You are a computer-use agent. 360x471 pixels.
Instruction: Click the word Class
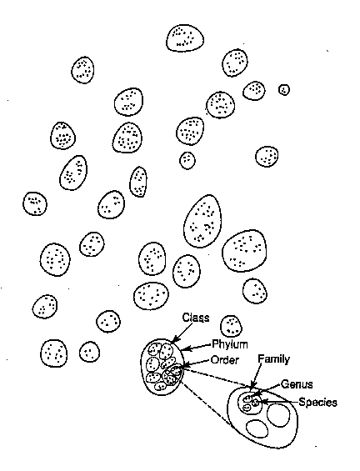coord(196,318)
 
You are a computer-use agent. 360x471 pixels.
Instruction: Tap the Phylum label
coord(230,344)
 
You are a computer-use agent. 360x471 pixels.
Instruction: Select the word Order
coord(225,360)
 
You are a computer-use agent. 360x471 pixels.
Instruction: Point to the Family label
coord(274,359)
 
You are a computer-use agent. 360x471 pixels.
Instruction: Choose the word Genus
coord(297,384)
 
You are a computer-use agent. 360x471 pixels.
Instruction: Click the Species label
coord(318,402)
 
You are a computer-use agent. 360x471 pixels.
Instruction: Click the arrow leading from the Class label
coord(182,333)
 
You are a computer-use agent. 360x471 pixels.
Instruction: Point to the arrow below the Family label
coord(255,377)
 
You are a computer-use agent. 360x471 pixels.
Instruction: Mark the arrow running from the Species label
coord(278,402)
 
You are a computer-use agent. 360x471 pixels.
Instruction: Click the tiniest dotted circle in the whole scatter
coord(284,89)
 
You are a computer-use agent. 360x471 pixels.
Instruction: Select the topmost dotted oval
coord(185,38)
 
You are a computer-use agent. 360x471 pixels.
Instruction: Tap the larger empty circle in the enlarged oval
coord(278,415)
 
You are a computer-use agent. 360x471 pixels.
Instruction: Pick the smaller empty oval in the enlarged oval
coord(257,428)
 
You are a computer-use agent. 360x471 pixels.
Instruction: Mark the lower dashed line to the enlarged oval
coord(208,406)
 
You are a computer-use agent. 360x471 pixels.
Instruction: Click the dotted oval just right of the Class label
coord(231,326)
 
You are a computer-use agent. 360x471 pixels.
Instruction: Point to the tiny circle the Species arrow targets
coord(255,402)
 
